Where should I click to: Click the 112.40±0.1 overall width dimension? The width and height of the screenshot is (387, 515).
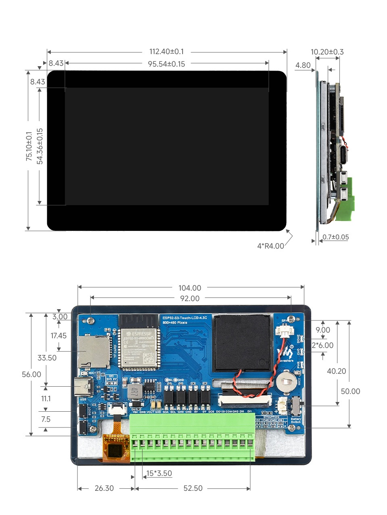point(166,52)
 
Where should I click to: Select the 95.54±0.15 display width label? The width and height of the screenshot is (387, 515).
point(166,64)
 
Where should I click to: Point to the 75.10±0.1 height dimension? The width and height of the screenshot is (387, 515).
point(29,146)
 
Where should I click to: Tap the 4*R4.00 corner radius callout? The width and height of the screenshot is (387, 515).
point(270,246)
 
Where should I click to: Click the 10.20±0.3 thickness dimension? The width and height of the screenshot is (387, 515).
point(327,52)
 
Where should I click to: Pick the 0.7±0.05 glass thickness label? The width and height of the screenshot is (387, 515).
point(335,237)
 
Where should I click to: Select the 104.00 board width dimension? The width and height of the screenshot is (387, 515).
point(190,288)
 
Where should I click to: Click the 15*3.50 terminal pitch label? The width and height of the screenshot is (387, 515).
point(159,473)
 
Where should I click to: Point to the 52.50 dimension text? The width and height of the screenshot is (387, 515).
point(193,488)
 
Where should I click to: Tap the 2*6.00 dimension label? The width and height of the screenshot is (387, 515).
point(322,345)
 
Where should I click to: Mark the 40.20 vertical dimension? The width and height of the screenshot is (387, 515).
point(336,371)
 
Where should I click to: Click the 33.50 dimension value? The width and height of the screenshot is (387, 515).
point(47,358)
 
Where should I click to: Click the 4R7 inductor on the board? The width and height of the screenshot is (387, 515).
point(135,391)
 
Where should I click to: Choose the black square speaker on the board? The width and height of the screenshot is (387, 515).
point(242,343)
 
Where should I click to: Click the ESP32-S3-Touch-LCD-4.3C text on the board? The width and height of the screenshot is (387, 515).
point(185,318)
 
